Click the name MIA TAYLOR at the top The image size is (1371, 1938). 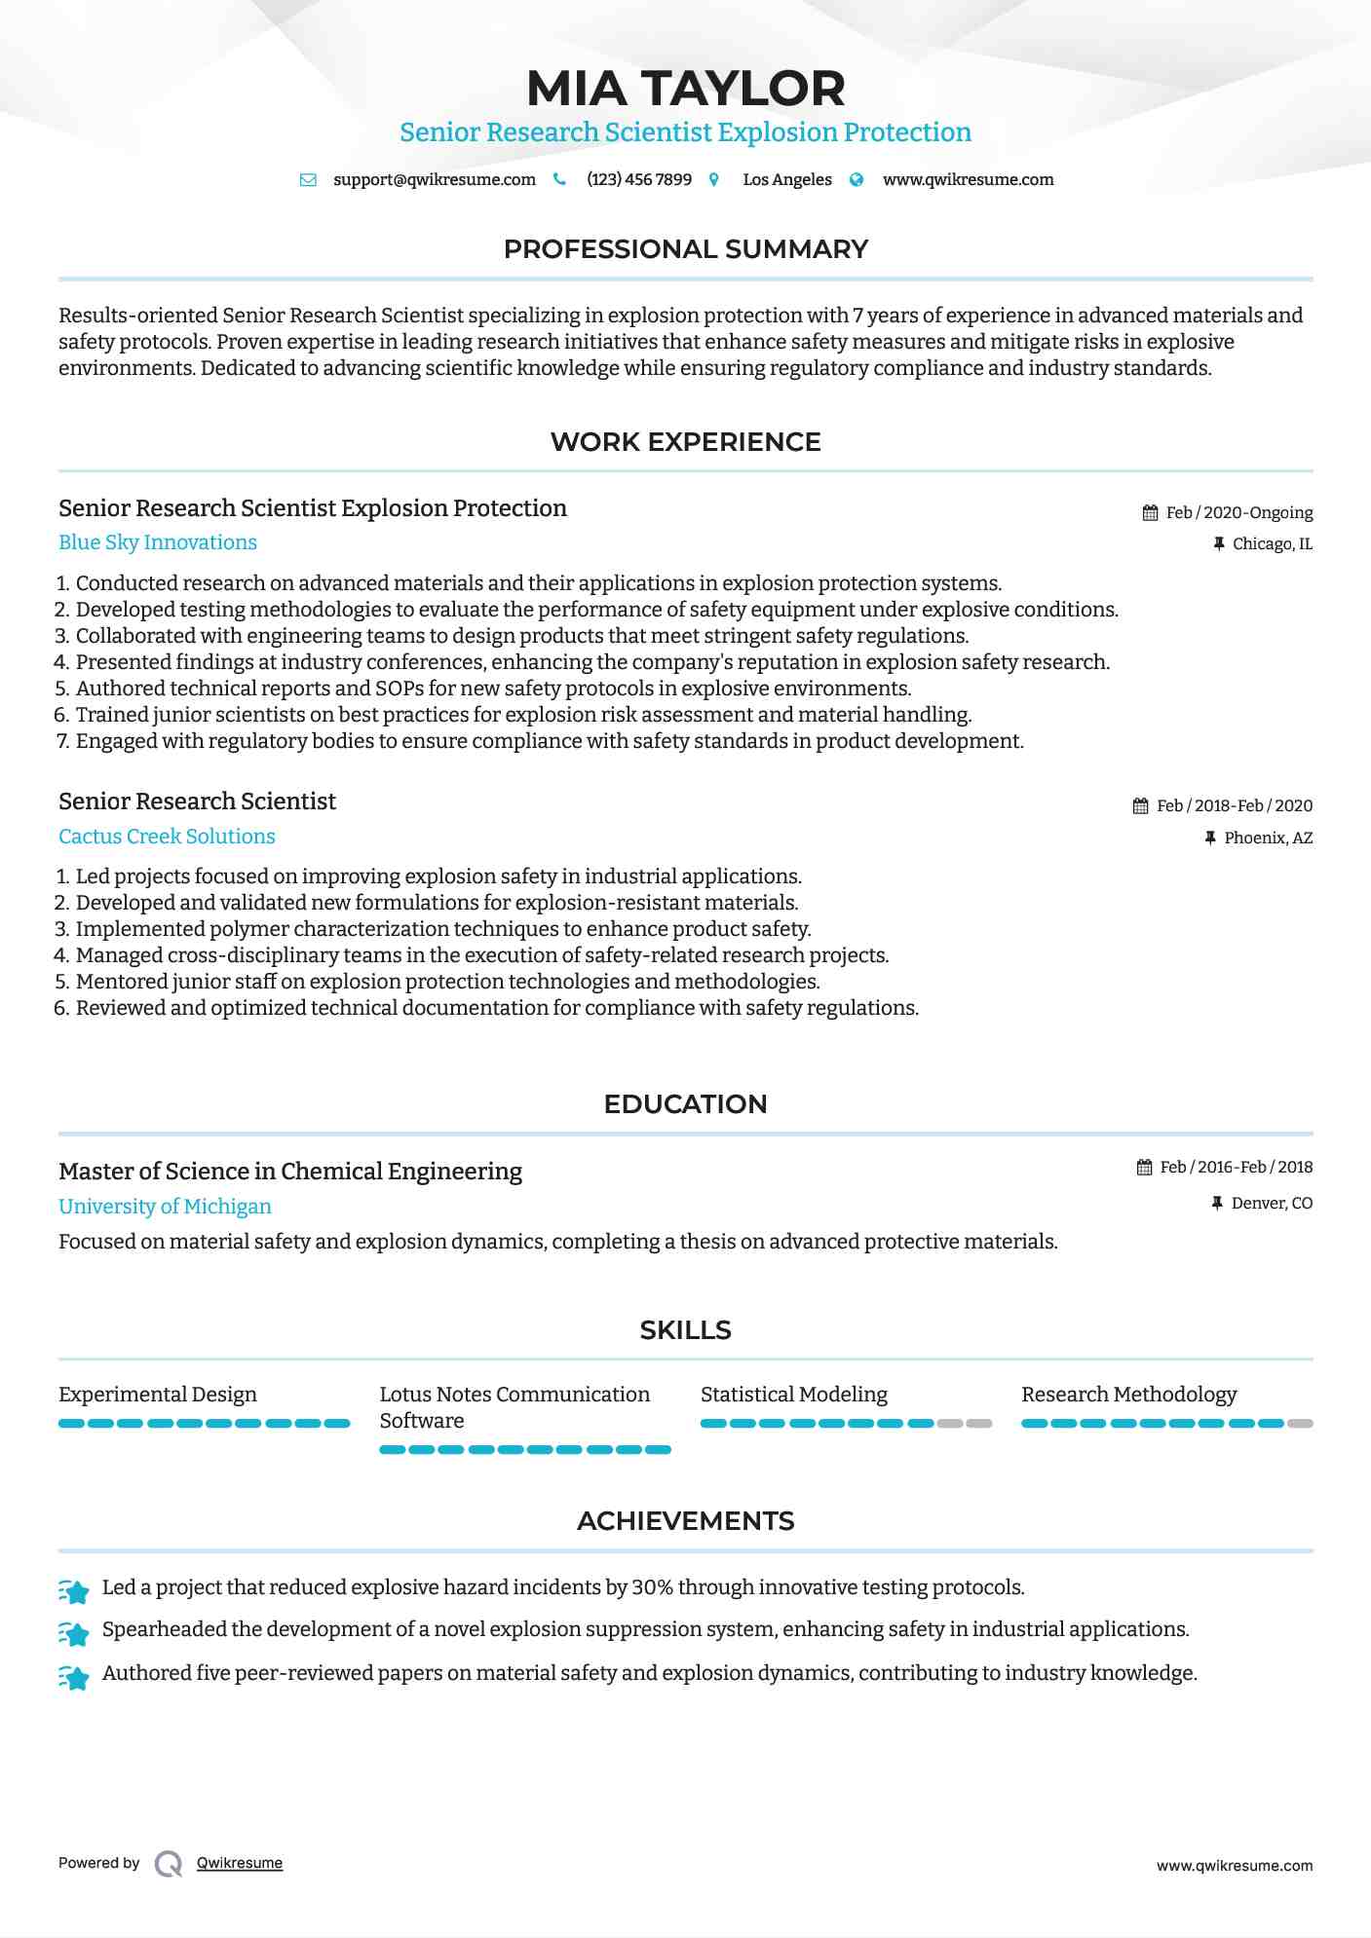click(685, 88)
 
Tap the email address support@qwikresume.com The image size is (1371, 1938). click(434, 179)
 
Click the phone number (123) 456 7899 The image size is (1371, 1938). click(638, 179)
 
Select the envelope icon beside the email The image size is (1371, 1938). click(308, 179)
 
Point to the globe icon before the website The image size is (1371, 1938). click(857, 179)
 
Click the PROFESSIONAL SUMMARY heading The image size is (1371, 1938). click(685, 249)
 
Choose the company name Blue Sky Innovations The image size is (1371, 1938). click(158, 542)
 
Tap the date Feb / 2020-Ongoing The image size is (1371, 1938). click(1238, 512)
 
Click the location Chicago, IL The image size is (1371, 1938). click(1272, 543)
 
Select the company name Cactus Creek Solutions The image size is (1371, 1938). click(167, 836)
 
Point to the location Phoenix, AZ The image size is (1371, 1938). click(1268, 838)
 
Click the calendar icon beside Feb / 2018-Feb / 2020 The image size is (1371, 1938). click(1141, 805)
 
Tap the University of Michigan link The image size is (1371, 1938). click(165, 1206)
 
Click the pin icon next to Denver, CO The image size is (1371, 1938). click(1217, 1203)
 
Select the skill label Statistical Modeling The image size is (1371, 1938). click(793, 1394)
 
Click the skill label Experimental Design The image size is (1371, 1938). click(158, 1394)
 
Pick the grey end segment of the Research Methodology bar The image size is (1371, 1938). click(1300, 1423)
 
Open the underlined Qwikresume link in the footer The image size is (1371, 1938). click(240, 1863)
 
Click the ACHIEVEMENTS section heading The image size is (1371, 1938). click(685, 1521)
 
